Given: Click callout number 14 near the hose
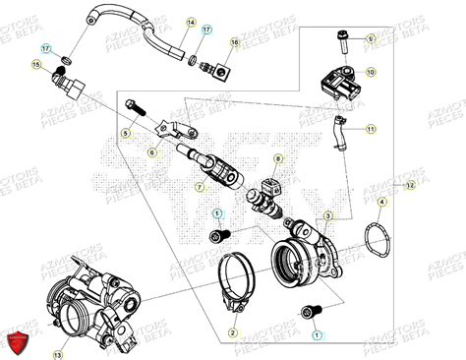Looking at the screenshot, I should tap(192, 22).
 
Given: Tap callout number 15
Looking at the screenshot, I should tap(36, 66).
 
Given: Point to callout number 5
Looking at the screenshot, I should tap(126, 132).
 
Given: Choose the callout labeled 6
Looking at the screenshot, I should tap(152, 152).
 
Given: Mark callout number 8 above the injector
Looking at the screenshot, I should tap(278, 158).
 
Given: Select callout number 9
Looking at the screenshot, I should tap(371, 37).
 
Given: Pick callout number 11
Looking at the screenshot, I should tap(371, 130).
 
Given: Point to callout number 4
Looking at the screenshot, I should tap(383, 201).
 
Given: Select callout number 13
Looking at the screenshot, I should tap(59, 354).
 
